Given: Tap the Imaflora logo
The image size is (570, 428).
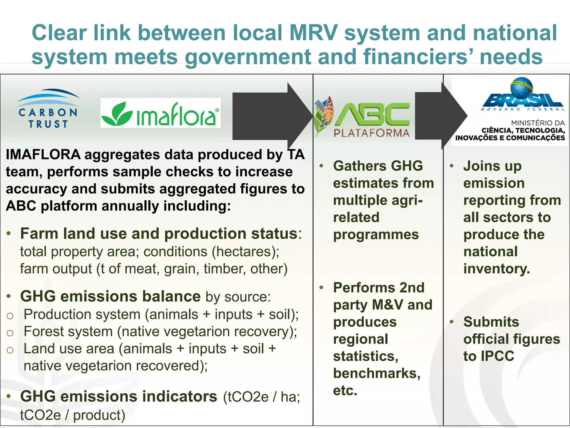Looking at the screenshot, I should click(x=160, y=113).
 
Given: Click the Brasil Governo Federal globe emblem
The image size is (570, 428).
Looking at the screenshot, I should click(x=522, y=89).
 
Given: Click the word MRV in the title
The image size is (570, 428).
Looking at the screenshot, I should click(x=313, y=33).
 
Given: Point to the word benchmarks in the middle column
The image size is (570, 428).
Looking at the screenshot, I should click(x=376, y=374).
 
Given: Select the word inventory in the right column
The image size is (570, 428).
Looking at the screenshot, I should click(x=496, y=269).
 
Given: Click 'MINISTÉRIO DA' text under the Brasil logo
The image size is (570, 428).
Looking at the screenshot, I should click(x=538, y=123).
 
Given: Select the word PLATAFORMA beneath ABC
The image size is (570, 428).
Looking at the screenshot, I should click(x=372, y=133).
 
